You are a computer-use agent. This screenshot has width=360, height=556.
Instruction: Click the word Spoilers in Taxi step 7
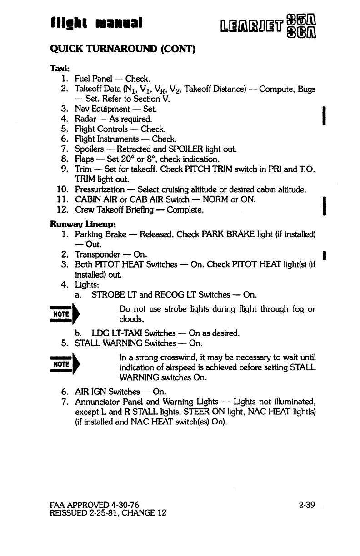tap(90, 149)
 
